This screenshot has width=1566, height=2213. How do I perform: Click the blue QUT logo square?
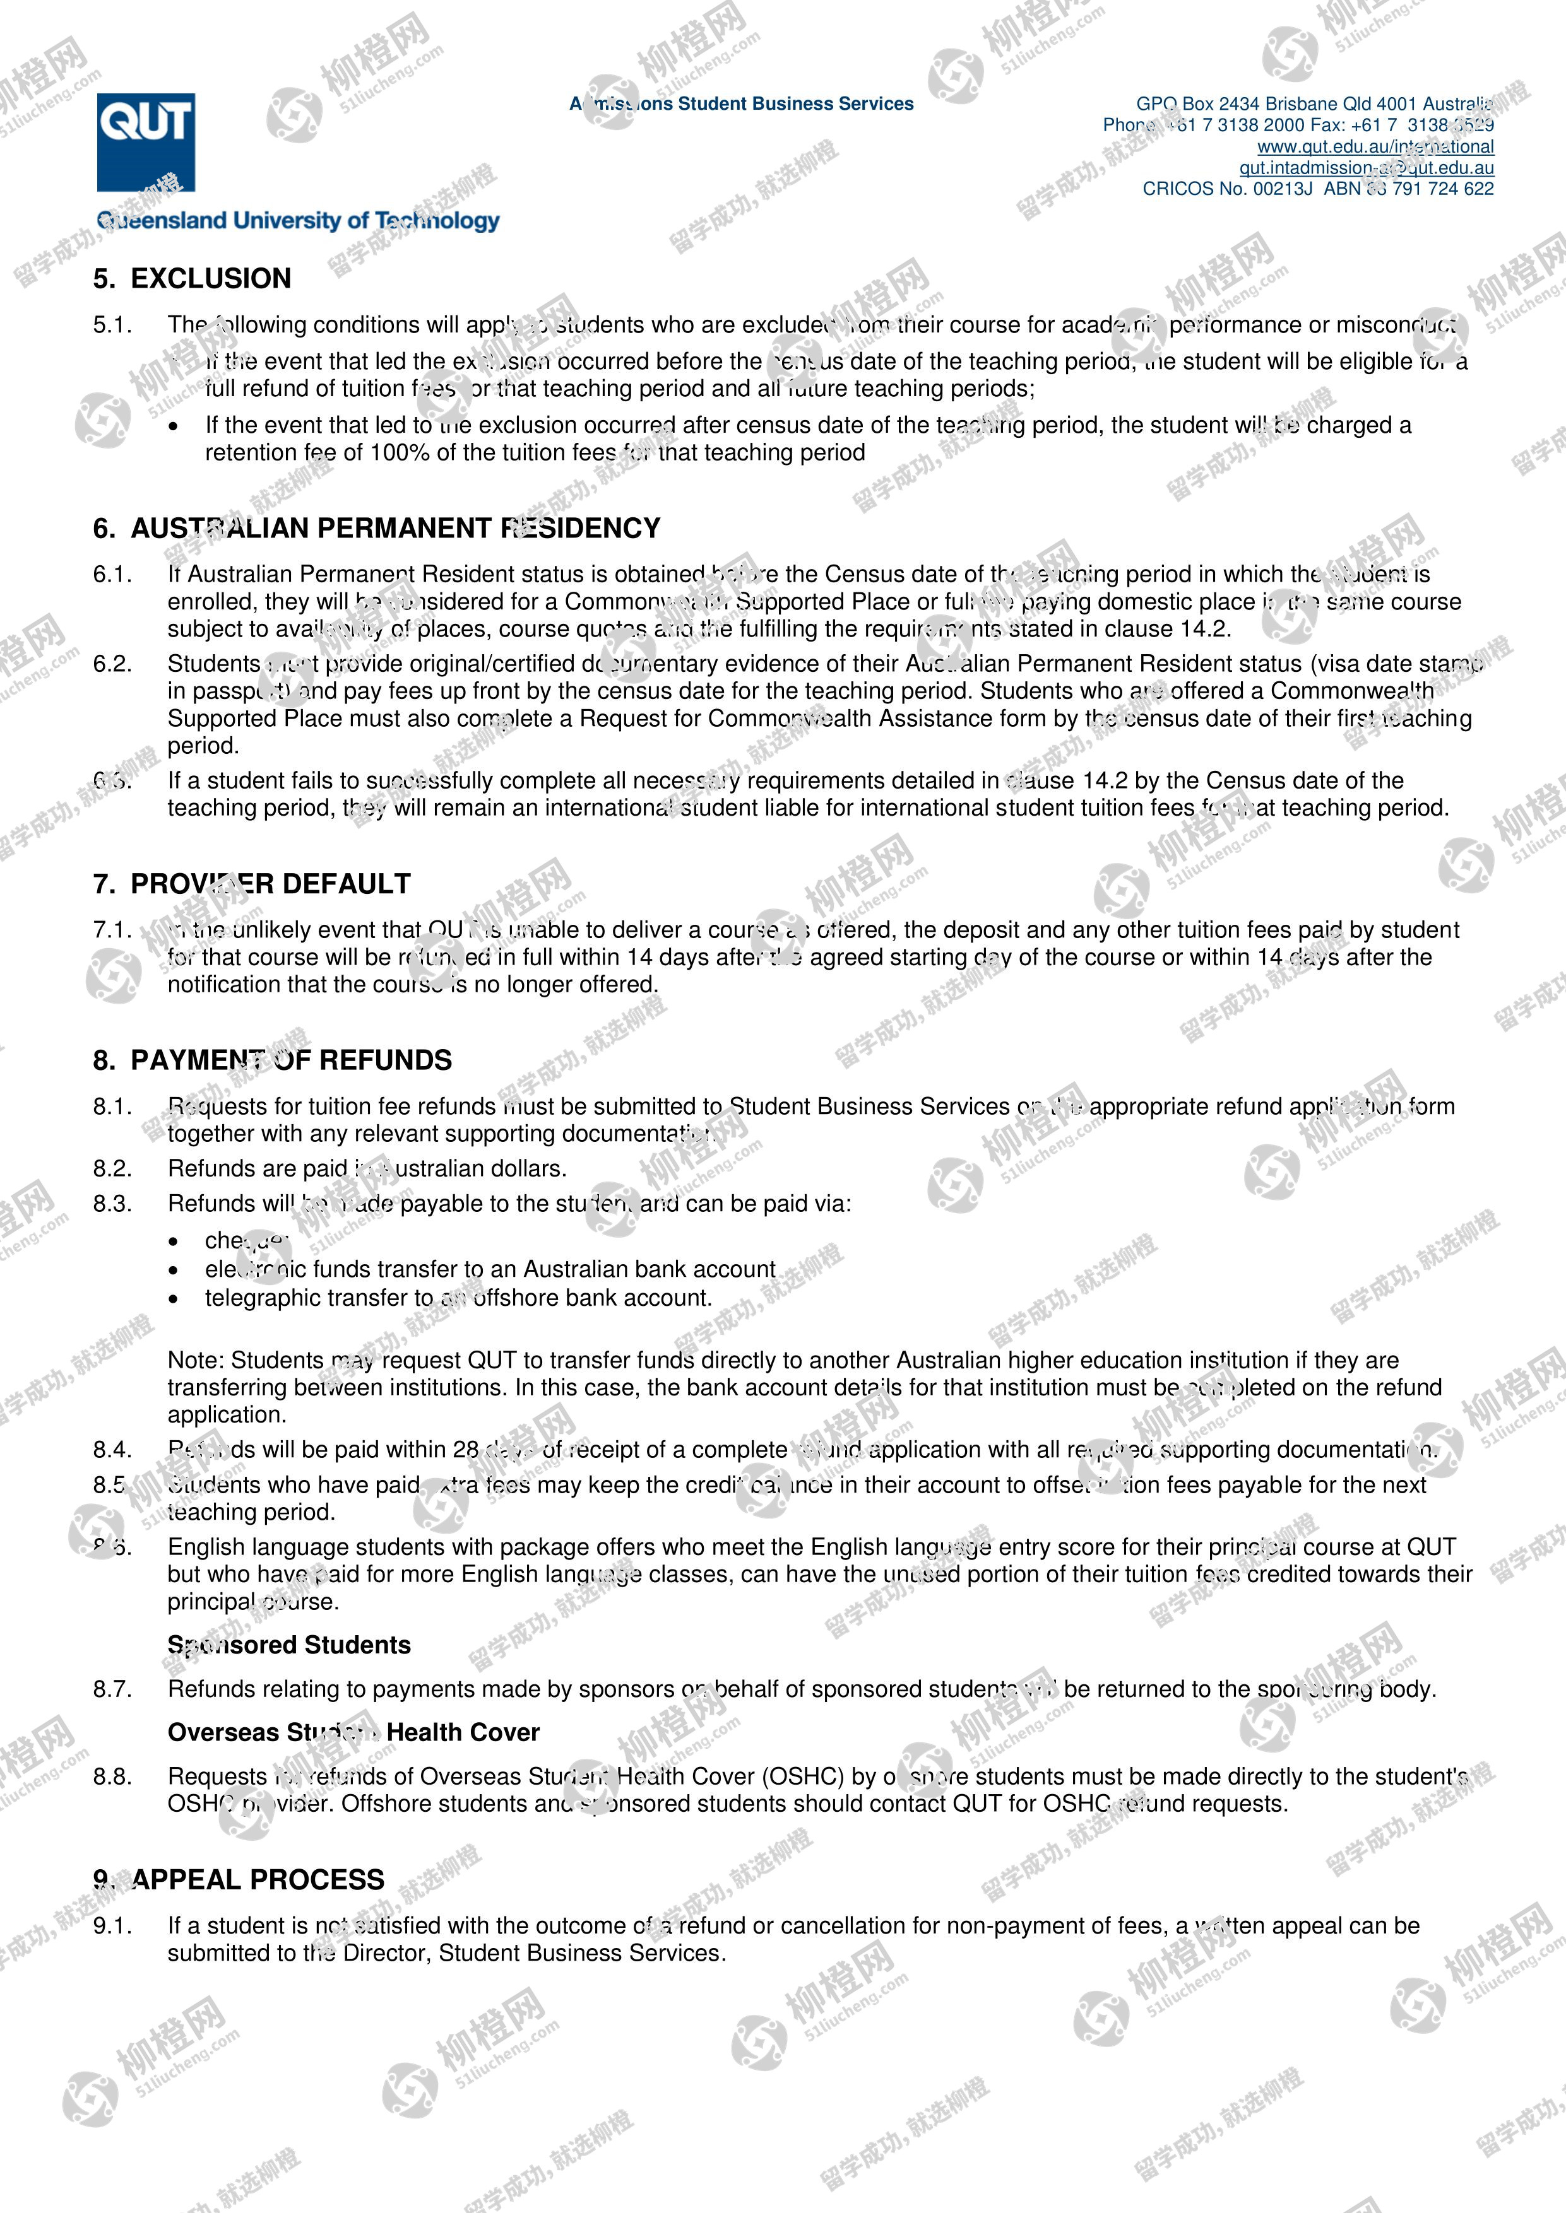[146, 142]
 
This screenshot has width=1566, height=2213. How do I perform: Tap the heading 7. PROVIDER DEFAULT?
[252, 884]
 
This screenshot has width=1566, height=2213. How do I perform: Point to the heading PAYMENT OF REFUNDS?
[291, 1060]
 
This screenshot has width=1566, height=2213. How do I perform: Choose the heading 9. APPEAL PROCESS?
[239, 1879]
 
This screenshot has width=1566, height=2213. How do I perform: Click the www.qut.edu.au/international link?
[1375, 146]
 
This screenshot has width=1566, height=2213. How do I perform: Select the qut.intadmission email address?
[1367, 168]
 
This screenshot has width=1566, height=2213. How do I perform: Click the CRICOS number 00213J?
[1283, 189]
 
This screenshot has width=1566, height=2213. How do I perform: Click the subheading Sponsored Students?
[289, 1645]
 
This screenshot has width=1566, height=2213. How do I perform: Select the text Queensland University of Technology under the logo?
[298, 221]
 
